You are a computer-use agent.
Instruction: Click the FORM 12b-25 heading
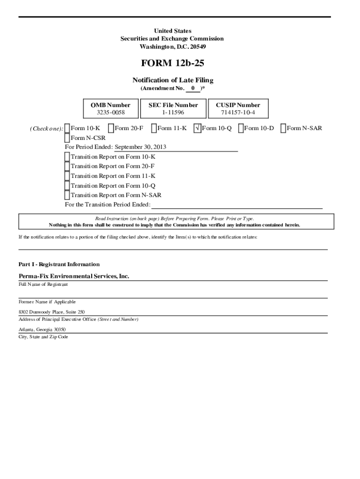[x=173, y=63]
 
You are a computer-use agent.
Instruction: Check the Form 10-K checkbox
[x=67, y=128]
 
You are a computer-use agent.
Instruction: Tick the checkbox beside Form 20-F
[x=111, y=128]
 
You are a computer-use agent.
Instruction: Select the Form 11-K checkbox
[x=154, y=128]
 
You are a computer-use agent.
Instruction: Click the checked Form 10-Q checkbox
[x=198, y=128]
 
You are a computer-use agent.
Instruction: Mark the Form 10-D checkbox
[x=241, y=128]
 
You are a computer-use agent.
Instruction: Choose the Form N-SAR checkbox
[x=283, y=128]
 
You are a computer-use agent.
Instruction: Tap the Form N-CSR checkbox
[x=67, y=138]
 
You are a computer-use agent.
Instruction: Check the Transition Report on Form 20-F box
[x=67, y=167]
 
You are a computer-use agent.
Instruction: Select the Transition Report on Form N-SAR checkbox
[x=67, y=195]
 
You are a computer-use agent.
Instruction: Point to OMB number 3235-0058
[x=110, y=113]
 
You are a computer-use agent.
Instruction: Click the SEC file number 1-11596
[x=173, y=113]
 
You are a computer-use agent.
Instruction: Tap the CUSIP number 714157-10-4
[x=238, y=113]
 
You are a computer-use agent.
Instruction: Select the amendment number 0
[x=193, y=88]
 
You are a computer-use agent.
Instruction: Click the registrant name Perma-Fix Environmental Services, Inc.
[x=73, y=276]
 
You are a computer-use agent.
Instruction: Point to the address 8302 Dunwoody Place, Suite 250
[x=51, y=312]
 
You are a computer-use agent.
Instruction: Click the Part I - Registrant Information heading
[x=59, y=264]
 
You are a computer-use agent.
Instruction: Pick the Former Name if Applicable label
[x=47, y=302]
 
